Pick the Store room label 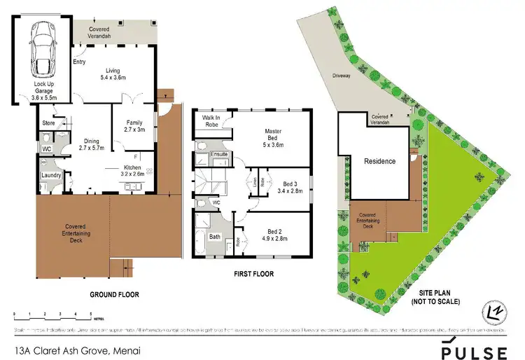48,123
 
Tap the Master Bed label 273,135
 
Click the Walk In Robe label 212,122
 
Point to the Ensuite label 219,154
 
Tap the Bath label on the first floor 214,237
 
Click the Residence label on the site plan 379,161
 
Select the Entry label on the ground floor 80,62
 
